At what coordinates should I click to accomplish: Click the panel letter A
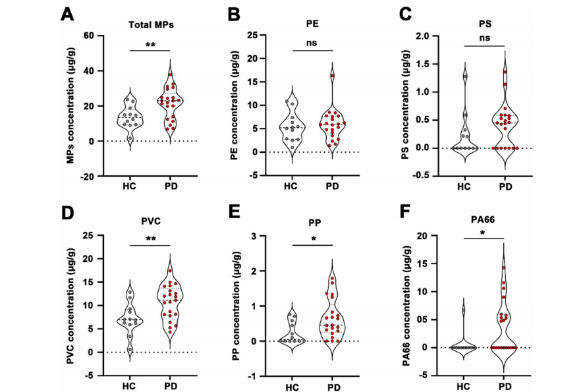point(68,14)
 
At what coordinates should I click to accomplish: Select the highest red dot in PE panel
point(333,76)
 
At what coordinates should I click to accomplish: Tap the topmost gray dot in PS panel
point(465,76)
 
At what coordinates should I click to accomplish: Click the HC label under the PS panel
point(466,186)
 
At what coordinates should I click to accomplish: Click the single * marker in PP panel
point(314,240)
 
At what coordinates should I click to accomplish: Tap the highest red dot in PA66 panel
point(504,267)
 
